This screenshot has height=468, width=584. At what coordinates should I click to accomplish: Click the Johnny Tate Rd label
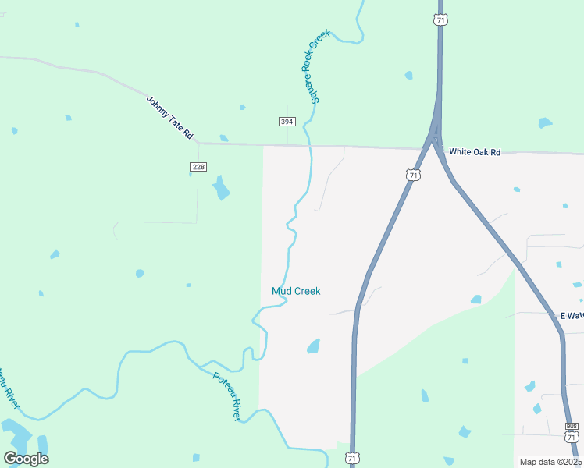point(169,118)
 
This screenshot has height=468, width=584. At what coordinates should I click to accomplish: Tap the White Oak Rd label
point(474,151)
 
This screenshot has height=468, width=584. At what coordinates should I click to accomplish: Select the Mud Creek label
point(296,291)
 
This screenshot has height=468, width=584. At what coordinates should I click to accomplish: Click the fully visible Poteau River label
point(227,395)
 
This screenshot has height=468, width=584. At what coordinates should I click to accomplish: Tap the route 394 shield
point(287,122)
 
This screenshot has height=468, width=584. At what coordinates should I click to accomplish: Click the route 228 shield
point(198,167)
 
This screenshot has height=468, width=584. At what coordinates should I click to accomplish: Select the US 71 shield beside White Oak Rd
point(414,175)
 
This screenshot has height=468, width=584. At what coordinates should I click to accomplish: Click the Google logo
point(26,459)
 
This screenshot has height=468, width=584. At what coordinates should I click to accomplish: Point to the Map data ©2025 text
point(550,462)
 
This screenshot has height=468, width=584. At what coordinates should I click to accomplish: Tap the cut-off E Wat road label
point(572,316)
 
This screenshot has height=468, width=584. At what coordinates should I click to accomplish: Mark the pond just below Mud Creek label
point(313,346)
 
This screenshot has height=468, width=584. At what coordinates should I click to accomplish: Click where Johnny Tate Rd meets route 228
point(198,143)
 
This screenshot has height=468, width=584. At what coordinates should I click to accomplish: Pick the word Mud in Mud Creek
point(280,291)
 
